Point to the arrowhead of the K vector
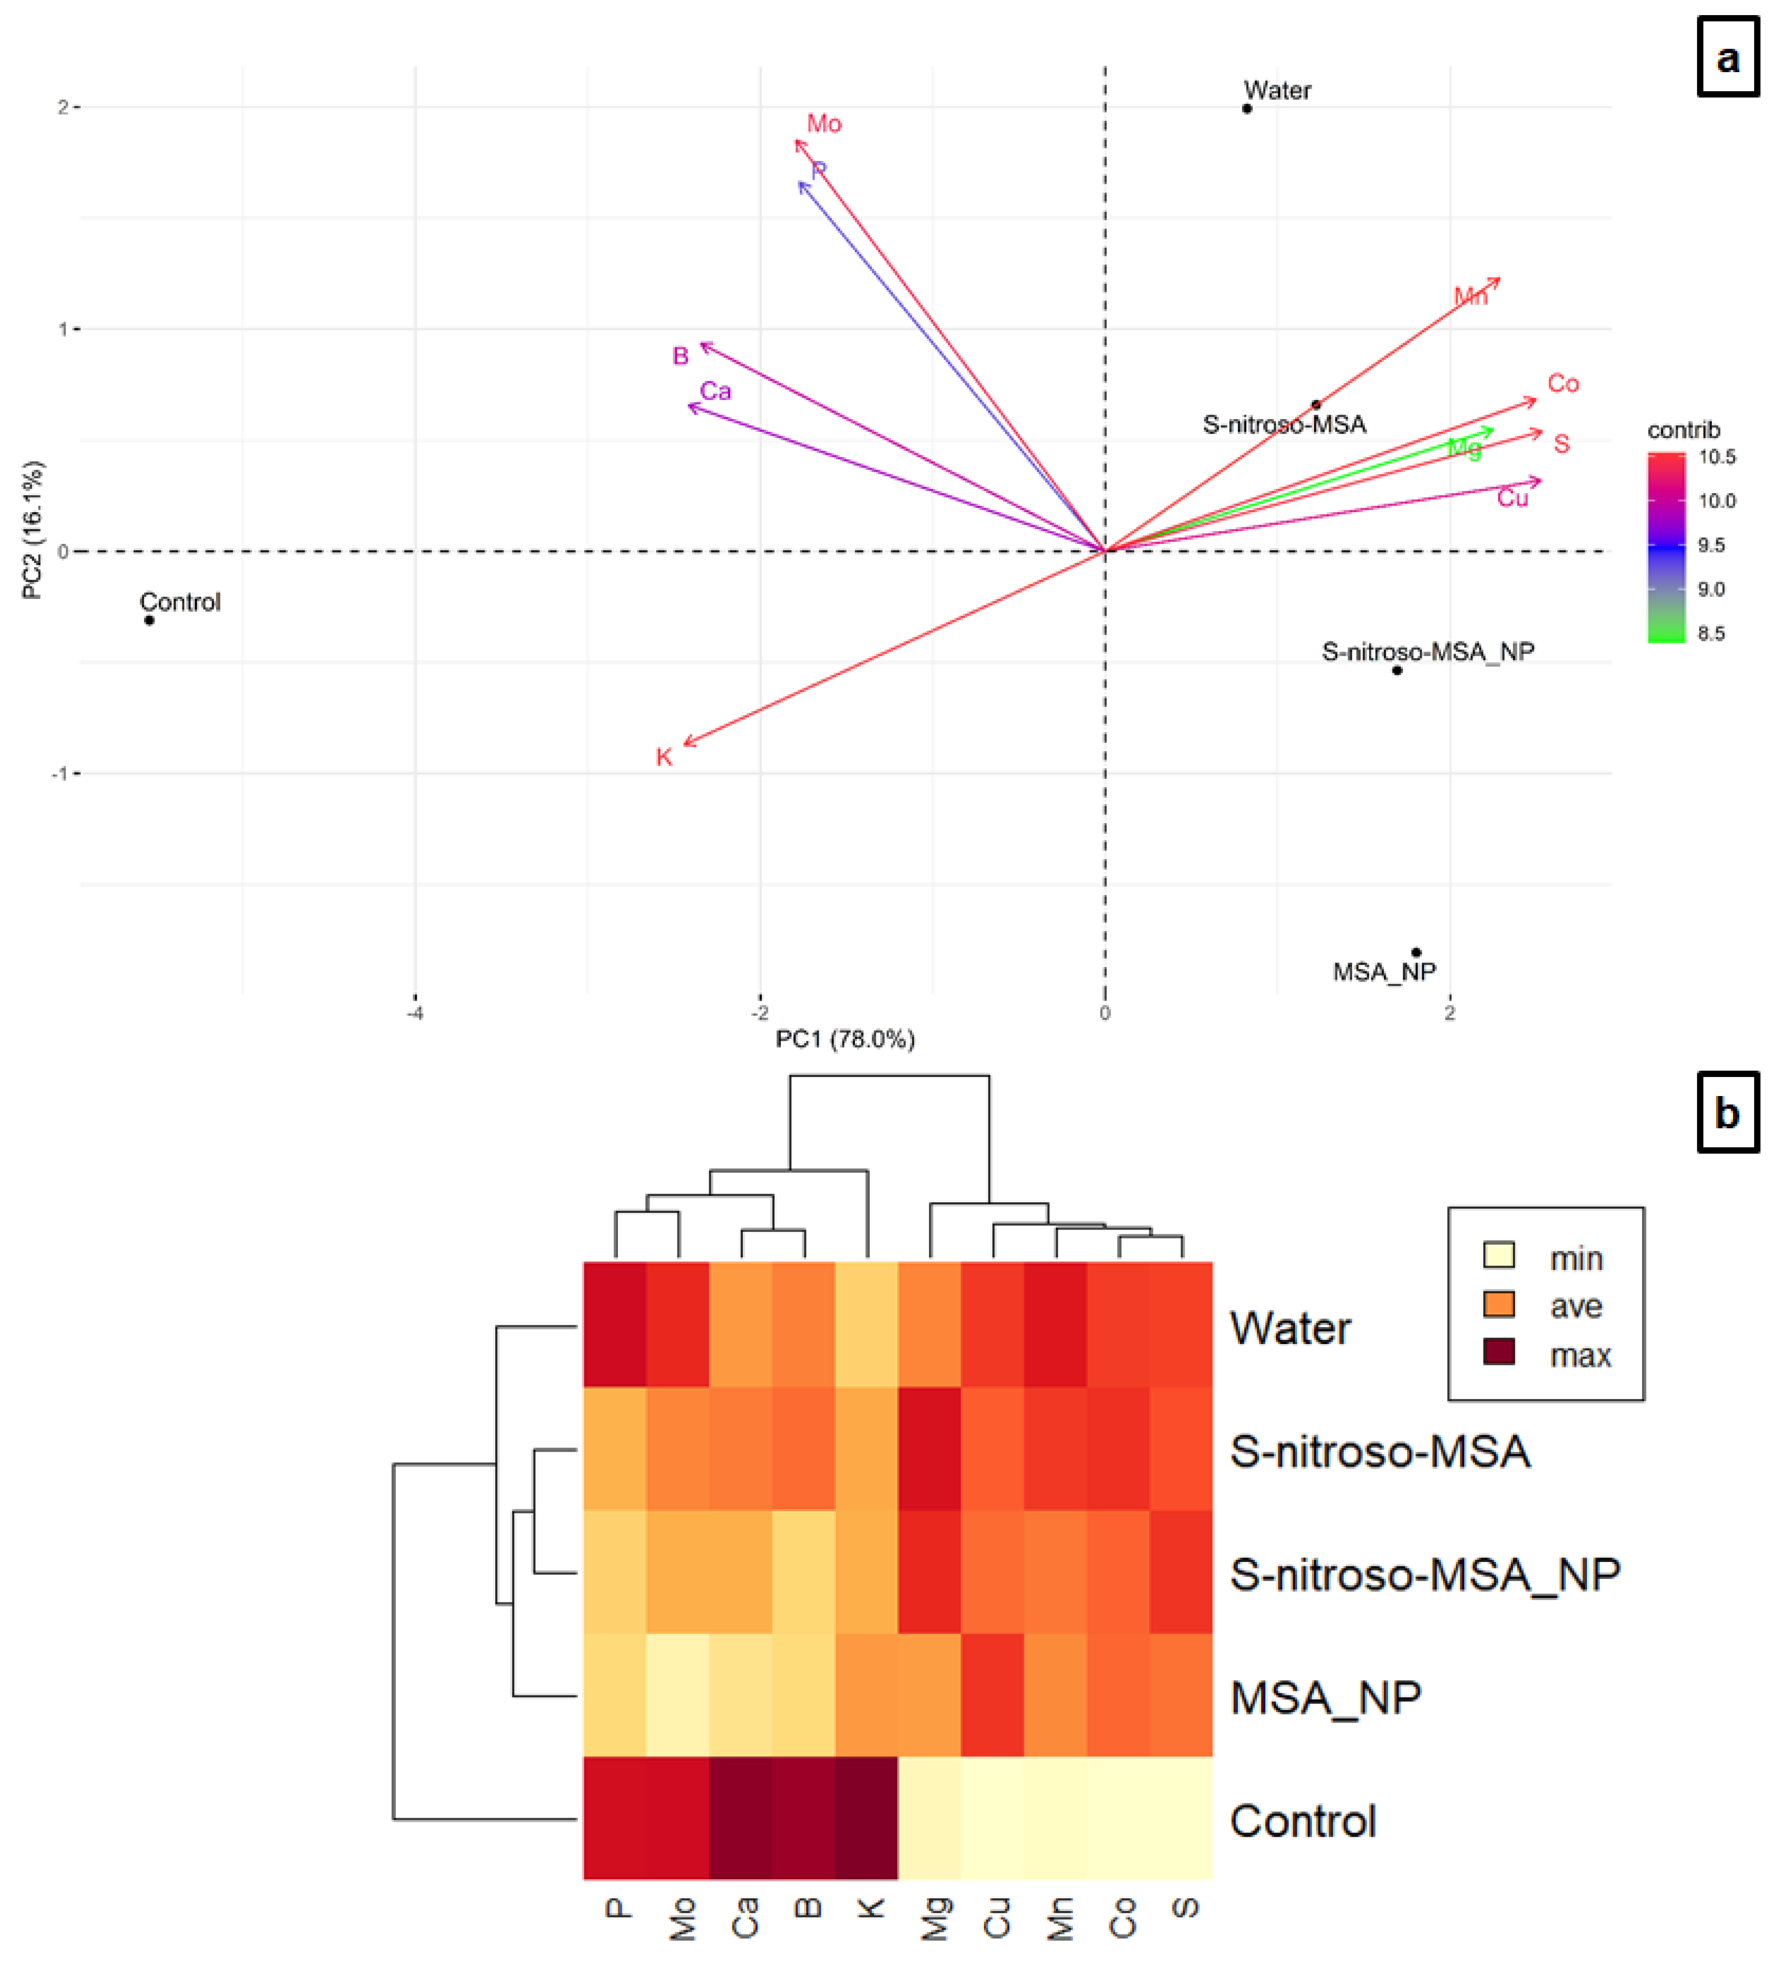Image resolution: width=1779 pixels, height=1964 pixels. click(686, 744)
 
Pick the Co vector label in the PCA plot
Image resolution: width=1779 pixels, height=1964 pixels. click(1563, 384)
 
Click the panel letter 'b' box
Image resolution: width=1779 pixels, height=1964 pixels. click(1727, 1113)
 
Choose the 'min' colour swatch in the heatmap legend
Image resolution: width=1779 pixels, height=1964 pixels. click(1498, 1255)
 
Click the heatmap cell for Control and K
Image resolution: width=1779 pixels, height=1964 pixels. click(866, 1818)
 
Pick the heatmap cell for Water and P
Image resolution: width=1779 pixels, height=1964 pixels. click(615, 1325)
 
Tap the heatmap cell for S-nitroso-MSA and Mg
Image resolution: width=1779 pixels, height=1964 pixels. click(929, 1449)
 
